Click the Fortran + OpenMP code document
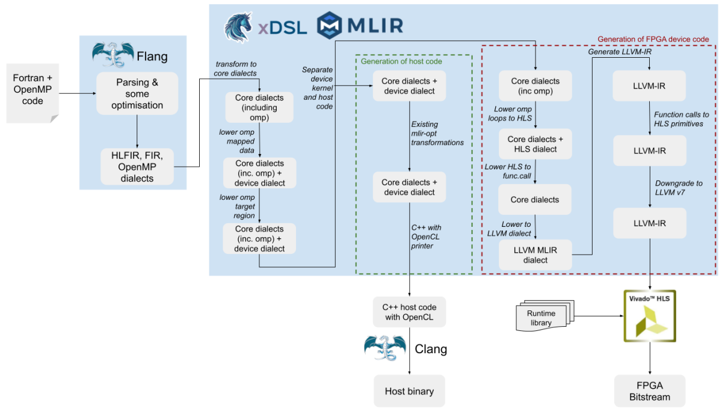click(x=32, y=92)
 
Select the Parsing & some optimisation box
click(x=137, y=93)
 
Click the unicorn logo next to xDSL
click(x=238, y=28)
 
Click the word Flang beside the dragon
click(x=152, y=57)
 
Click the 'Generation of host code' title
click(x=401, y=61)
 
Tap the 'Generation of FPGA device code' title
click(x=653, y=39)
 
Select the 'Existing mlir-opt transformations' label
click(x=437, y=134)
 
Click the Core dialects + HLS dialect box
click(x=535, y=144)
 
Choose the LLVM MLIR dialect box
click(x=535, y=255)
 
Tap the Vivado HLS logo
click(x=649, y=316)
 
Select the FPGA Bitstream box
click(x=649, y=391)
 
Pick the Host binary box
click(x=409, y=391)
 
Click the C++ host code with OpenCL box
click(x=409, y=312)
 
